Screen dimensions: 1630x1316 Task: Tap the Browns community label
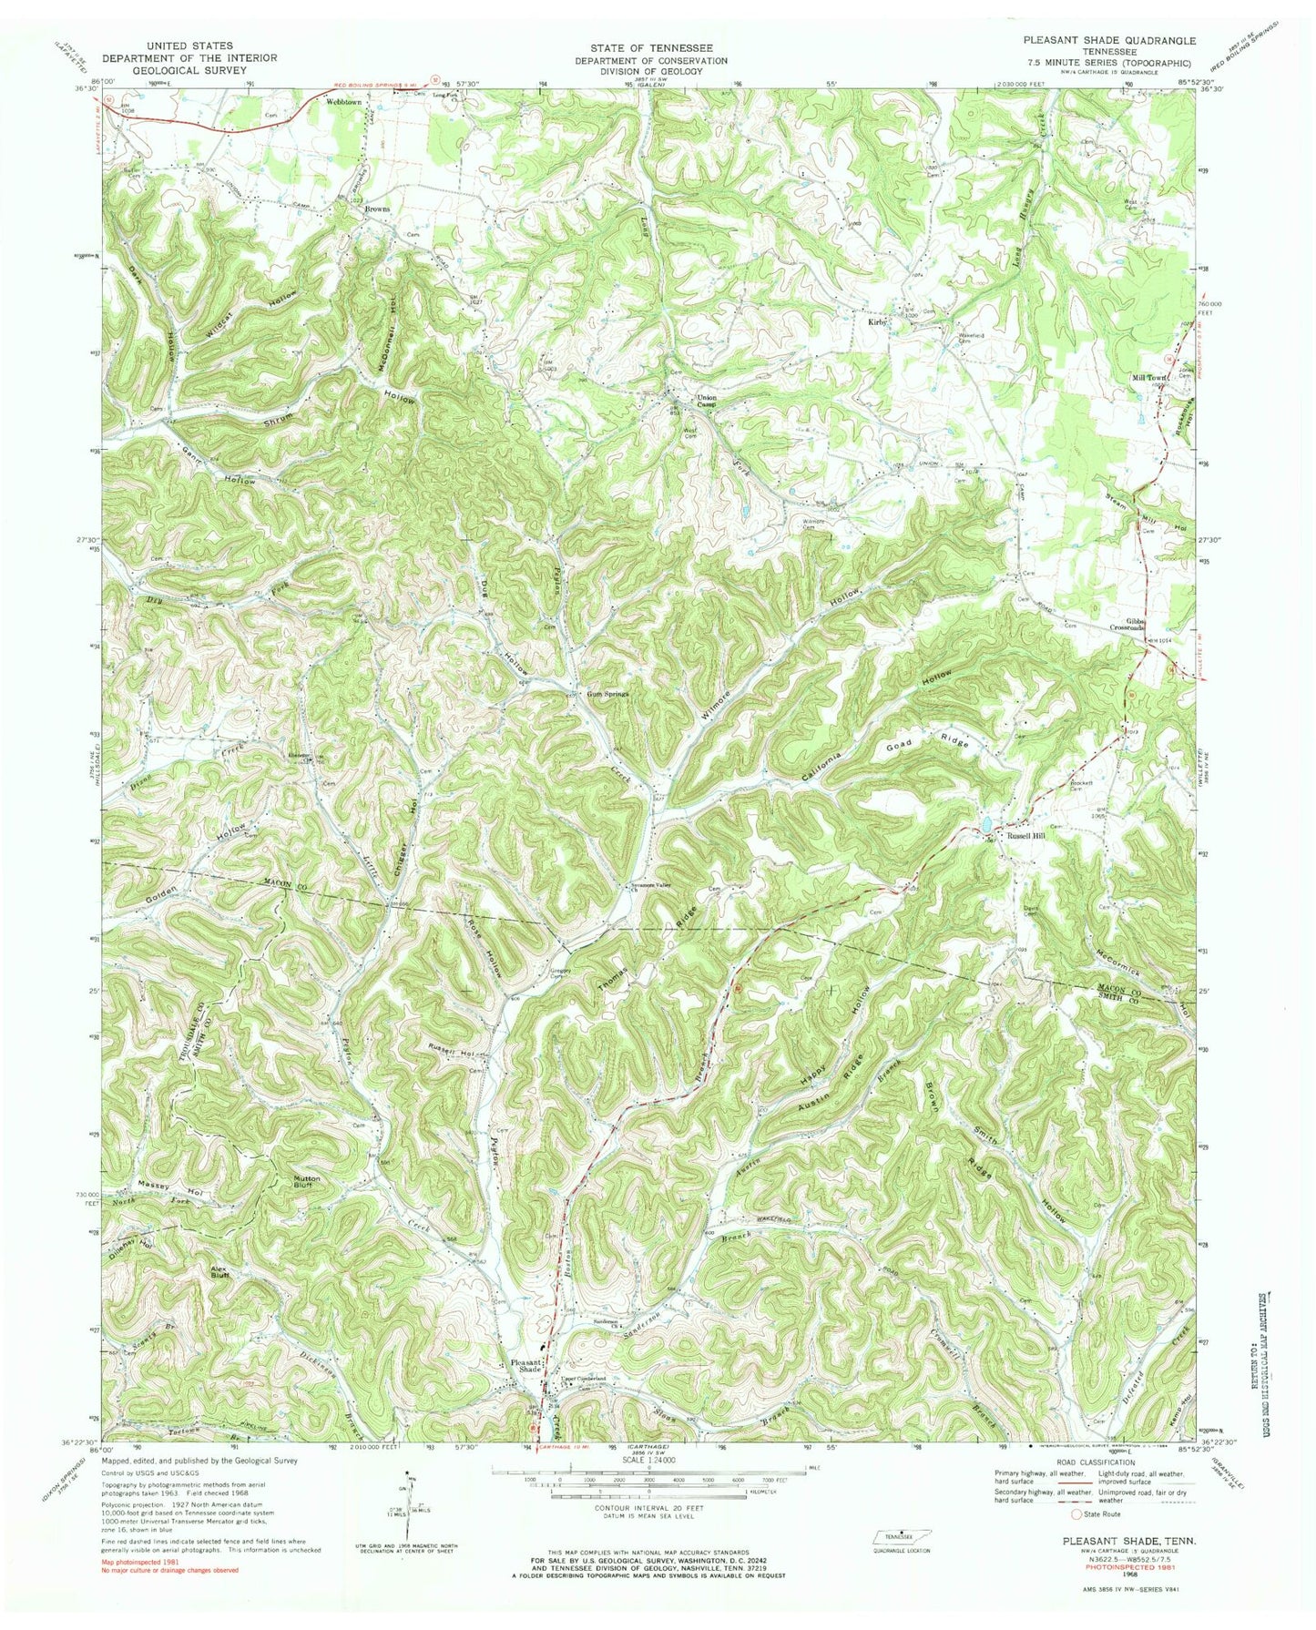click(x=376, y=209)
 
